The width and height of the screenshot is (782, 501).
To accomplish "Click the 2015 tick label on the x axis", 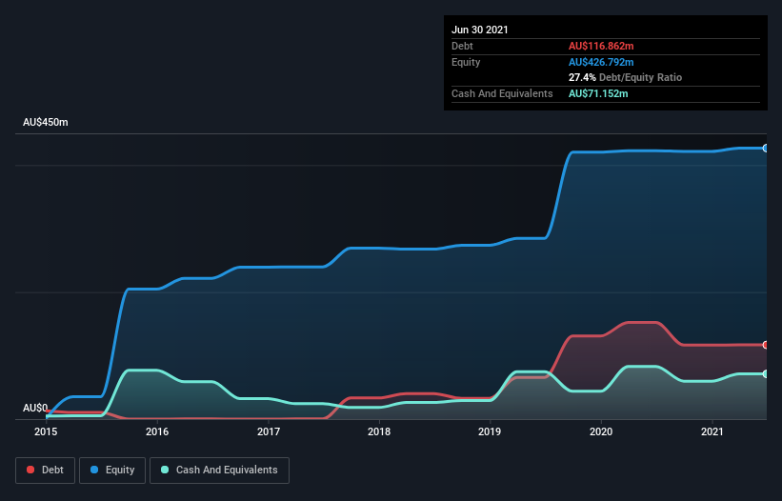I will tap(46, 431).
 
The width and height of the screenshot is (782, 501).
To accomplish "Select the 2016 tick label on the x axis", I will tap(157, 431).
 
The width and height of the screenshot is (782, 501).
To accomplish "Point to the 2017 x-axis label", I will tap(269, 431).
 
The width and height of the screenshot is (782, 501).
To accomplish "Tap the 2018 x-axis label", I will tap(379, 431).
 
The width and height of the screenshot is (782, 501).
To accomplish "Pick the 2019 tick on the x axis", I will tap(490, 431).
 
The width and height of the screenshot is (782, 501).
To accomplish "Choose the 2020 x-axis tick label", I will tap(601, 431).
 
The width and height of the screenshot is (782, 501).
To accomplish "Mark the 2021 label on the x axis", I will tap(712, 431).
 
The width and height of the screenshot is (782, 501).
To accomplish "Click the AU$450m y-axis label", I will tap(46, 123).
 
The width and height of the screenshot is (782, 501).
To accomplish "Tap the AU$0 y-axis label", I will tap(35, 408).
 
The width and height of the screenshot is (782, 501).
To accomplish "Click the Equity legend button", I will tap(112, 470).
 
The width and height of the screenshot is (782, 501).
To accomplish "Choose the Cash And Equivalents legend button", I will tap(219, 470).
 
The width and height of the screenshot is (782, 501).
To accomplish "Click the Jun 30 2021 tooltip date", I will tap(480, 30).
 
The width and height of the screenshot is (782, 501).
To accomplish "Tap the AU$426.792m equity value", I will tap(601, 62).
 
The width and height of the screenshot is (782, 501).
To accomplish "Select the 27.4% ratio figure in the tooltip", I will tap(583, 77).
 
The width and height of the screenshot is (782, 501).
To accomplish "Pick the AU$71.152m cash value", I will tap(598, 93).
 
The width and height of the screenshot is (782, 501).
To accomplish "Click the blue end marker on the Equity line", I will tap(766, 149).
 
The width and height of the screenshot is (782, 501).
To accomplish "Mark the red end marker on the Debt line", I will tap(766, 345).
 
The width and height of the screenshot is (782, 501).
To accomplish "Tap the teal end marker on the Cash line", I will tap(766, 373).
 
